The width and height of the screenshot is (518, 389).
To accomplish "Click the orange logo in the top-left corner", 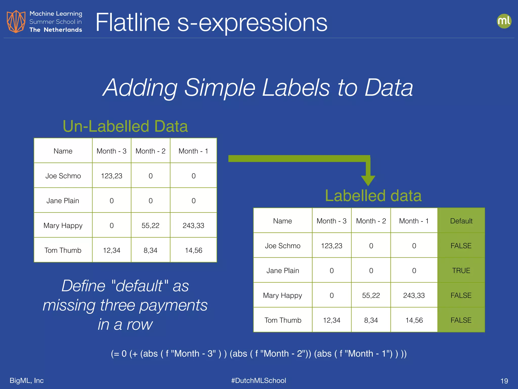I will click(x=16, y=22).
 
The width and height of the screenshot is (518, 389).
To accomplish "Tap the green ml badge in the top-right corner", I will click(x=504, y=21).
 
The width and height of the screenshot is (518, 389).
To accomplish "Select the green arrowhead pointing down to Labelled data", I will click(x=368, y=180).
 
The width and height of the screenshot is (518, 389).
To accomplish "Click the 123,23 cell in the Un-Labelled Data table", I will click(x=112, y=176).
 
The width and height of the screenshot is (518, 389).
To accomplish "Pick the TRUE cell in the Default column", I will click(x=461, y=270).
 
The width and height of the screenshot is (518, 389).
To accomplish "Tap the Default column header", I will click(x=461, y=221).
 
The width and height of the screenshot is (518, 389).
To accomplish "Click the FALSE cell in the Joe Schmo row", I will click(x=461, y=246).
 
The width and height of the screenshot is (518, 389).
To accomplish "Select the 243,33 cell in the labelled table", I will click(x=414, y=295).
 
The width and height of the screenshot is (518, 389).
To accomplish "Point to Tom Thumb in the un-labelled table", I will click(x=63, y=250).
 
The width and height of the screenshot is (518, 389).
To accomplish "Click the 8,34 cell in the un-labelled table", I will click(x=150, y=250).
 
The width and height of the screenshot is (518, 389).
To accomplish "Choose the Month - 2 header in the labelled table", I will click(x=371, y=221).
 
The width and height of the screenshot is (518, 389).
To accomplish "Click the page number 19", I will click(x=504, y=381).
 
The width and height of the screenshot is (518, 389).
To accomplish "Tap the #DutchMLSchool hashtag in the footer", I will click(x=258, y=380).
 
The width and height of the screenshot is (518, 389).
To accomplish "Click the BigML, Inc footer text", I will click(x=27, y=380).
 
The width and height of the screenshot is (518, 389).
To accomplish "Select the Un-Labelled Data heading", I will click(x=125, y=126).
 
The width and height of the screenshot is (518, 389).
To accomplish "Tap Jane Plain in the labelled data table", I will click(x=283, y=270).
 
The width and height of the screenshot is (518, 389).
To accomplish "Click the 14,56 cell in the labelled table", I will click(x=414, y=320).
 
